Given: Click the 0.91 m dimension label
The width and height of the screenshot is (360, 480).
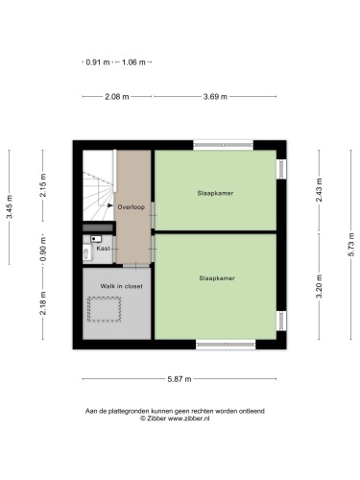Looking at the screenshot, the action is (98, 62).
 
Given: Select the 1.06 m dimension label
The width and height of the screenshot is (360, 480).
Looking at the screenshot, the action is (133, 62).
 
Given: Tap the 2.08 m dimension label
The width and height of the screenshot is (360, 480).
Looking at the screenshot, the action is (117, 96).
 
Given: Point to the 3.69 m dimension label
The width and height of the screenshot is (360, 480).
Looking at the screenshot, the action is (215, 96).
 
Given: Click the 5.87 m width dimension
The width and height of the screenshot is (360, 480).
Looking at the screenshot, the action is (180, 379).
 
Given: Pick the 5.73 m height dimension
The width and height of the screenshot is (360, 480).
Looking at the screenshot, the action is (351, 245).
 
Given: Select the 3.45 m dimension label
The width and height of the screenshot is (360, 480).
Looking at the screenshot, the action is (10, 206).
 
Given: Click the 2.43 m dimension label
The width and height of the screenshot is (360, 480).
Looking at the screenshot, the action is (319, 190).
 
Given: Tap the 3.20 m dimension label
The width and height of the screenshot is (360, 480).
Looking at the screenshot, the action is (319, 286).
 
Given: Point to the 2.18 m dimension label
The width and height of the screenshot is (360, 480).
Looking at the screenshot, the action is (43, 303).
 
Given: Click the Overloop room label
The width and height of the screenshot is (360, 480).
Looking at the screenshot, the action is (132, 207).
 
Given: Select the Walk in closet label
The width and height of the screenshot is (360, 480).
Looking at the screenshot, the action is (122, 286).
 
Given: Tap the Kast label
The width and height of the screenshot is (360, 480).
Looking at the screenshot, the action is (103, 249).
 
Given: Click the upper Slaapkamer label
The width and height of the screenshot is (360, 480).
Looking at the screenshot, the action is (215, 193).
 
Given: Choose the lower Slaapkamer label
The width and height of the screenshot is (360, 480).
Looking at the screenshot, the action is (217, 278).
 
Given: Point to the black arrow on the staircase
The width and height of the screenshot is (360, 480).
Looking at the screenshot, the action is (110, 205).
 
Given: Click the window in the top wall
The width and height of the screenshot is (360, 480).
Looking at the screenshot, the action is (223, 145).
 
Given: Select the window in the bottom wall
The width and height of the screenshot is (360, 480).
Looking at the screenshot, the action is (226, 345).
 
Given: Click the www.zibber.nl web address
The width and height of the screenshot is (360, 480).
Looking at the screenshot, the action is (189, 419).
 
